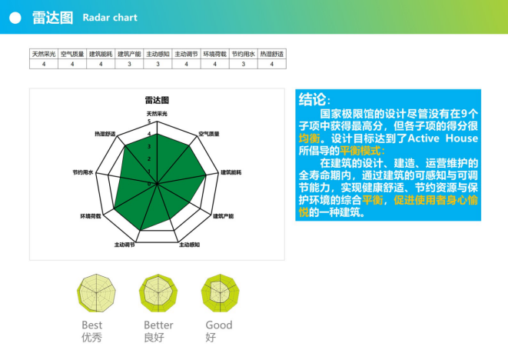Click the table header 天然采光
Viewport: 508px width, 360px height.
44,55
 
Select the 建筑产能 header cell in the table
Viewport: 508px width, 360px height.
129,55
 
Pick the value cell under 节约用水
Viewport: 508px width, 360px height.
244,65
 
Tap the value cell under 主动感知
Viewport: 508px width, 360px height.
158,65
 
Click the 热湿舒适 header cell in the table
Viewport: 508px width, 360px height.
272,55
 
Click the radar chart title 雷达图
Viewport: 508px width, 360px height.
157,101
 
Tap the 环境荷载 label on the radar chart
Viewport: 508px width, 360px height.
91,217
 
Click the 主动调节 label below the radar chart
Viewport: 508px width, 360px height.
125,245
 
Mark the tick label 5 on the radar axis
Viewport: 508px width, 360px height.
149,122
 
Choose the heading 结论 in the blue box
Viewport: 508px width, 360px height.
315,101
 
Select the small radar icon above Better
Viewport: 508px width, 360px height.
158,292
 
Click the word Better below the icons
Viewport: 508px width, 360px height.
158,325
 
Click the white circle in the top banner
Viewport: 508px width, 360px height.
15,17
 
